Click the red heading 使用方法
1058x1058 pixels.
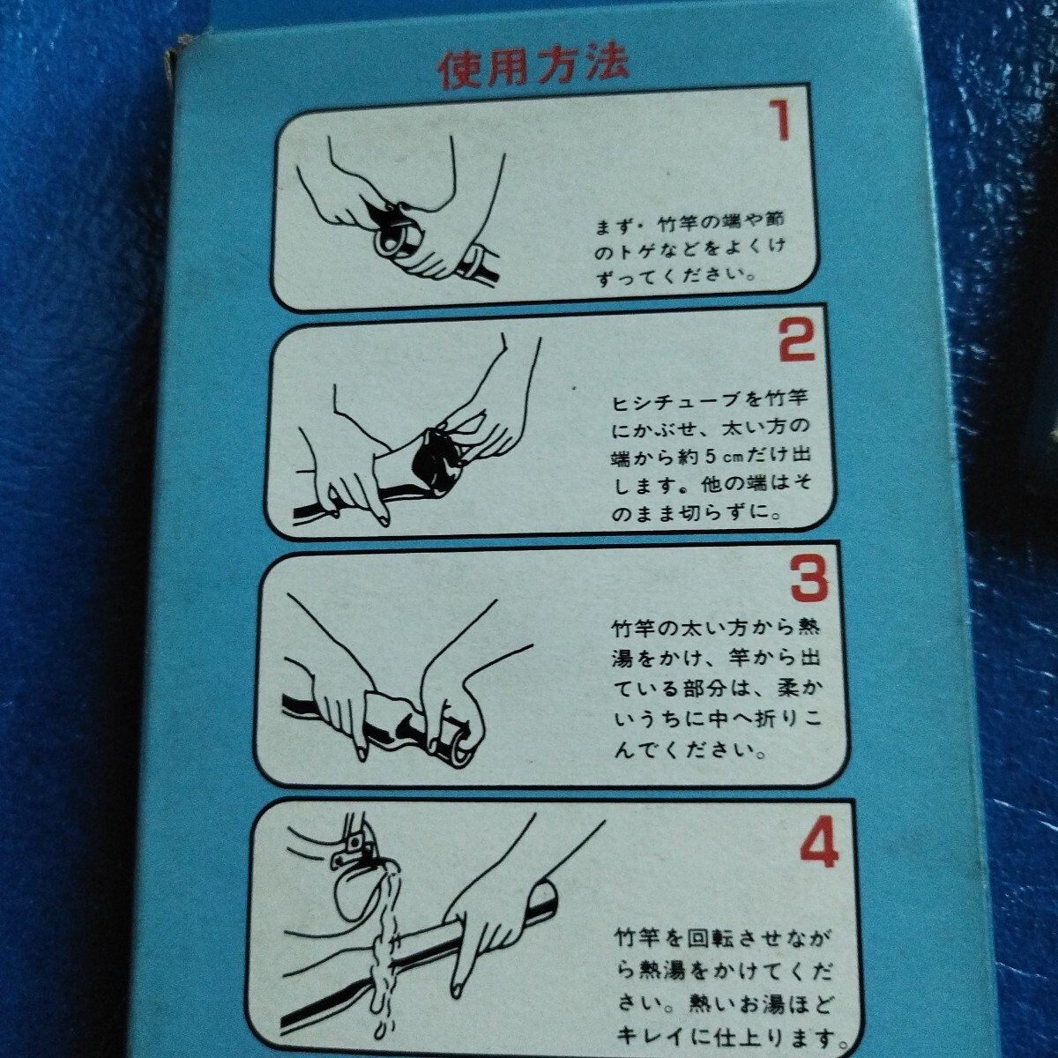pyautogui.click(x=533, y=69)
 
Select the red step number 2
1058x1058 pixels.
pyautogui.click(x=796, y=339)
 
